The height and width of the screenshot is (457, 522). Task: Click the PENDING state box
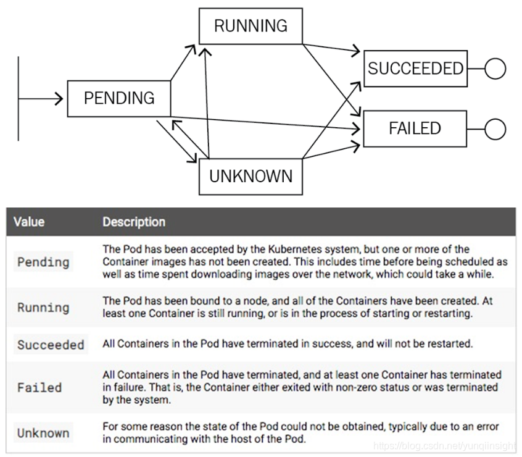pos(119,98)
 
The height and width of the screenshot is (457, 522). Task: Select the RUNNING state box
pos(251,26)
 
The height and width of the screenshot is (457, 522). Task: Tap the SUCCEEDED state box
pos(415,68)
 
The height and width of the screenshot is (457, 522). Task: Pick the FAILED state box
pos(415,128)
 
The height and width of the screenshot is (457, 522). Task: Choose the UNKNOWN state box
pos(251,177)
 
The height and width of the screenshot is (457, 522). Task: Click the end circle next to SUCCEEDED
pos(495,68)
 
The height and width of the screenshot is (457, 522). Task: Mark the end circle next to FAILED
pos(495,129)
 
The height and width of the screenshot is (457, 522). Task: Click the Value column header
pos(29,222)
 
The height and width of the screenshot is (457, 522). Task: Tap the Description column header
pos(134,222)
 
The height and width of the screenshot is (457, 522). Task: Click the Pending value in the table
pos(43,262)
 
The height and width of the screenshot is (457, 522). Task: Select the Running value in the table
pos(43,308)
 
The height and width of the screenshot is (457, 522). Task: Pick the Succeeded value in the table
pos(51,345)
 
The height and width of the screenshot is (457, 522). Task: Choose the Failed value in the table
pos(39,388)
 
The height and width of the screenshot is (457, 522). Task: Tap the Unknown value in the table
pos(43,433)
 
